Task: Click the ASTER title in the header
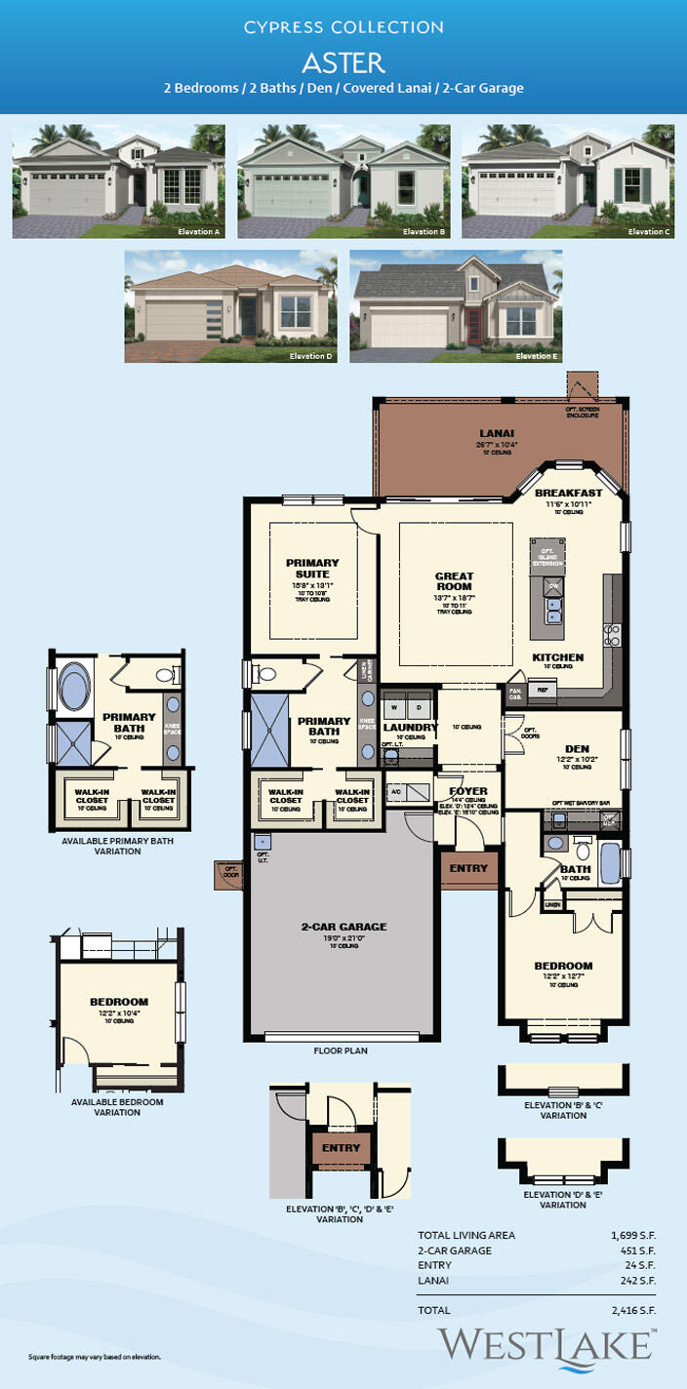click(x=343, y=62)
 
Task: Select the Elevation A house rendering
click(x=119, y=181)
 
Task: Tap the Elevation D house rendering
click(x=231, y=306)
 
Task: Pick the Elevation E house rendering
click(x=456, y=306)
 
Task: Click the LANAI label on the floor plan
click(x=497, y=432)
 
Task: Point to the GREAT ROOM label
click(x=454, y=581)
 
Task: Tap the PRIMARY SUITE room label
click(x=312, y=568)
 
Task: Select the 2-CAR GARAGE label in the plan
click(x=343, y=927)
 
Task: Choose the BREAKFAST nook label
click(x=568, y=493)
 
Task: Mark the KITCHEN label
click(x=557, y=657)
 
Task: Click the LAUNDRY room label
click(x=408, y=727)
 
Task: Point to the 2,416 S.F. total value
click(x=632, y=1310)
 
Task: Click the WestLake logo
click(x=545, y=1344)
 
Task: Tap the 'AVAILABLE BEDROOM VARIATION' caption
click(x=117, y=1107)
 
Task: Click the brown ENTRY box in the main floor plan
click(x=468, y=868)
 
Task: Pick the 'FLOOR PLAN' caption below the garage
click(x=340, y=1052)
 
